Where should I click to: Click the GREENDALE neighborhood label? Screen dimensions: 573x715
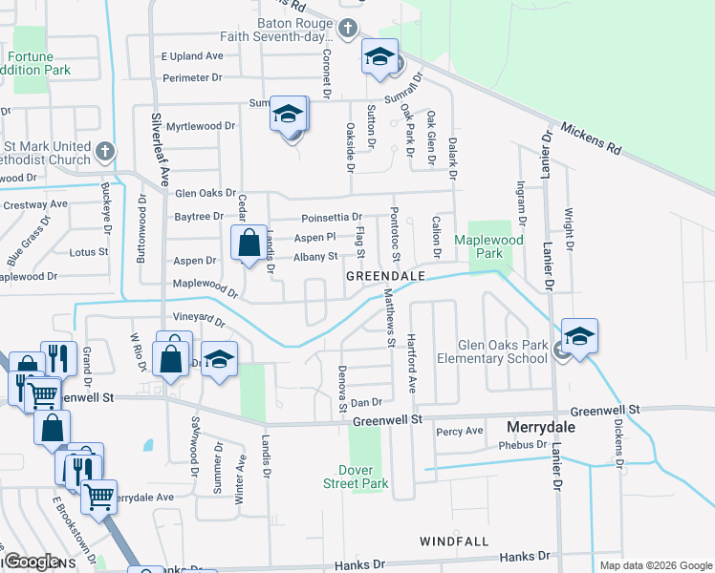(x=385, y=275)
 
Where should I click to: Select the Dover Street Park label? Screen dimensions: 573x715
(x=363, y=477)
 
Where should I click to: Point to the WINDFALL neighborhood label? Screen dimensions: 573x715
(x=453, y=541)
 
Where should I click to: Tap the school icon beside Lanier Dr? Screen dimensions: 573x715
(x=579, y=336)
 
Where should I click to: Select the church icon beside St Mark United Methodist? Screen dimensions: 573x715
(x=105, y=152)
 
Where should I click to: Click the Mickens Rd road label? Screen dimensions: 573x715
(x=591, y=139)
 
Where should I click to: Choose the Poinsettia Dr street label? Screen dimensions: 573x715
(x=332, y=218)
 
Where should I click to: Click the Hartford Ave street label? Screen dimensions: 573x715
(x=412, y=364)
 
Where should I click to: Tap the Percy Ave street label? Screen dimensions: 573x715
(x=460, y=432)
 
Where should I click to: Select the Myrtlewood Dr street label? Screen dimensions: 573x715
(x=201, y=126)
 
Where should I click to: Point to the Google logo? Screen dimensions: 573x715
(x=32, y=562)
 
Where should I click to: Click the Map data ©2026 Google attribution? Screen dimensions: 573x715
(x=655, y=565)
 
